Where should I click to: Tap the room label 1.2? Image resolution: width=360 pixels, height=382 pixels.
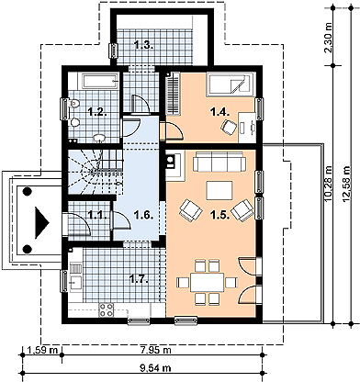[x=97, y=112]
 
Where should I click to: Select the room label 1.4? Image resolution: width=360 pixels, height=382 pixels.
[x=220, y=112]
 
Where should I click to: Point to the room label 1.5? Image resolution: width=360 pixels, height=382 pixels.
[x=220, y=215]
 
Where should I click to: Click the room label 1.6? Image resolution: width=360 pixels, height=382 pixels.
[x=144, y=215]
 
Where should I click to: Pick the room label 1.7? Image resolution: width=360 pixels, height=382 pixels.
[x=139, y=278]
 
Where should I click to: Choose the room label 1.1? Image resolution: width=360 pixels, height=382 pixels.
[x=97, y=215]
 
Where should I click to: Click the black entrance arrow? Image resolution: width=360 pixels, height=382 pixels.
[x=41, y=222]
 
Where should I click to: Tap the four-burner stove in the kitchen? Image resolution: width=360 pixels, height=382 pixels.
[x=106, y=309]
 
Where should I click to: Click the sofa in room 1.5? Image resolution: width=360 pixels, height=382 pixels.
[x=219, y=162]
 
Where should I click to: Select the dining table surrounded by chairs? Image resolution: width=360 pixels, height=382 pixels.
[x=208, y=282]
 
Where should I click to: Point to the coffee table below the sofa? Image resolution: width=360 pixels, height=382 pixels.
[x=219, y=190]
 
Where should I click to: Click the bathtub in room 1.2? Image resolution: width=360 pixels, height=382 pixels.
[x=100, y=81]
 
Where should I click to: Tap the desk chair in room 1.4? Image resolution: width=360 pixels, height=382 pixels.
[x=229, y=127]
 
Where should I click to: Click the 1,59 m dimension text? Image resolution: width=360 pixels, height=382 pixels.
[x=42, y=350]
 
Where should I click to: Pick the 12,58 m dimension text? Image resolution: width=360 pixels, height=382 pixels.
[x=346, y=185]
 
